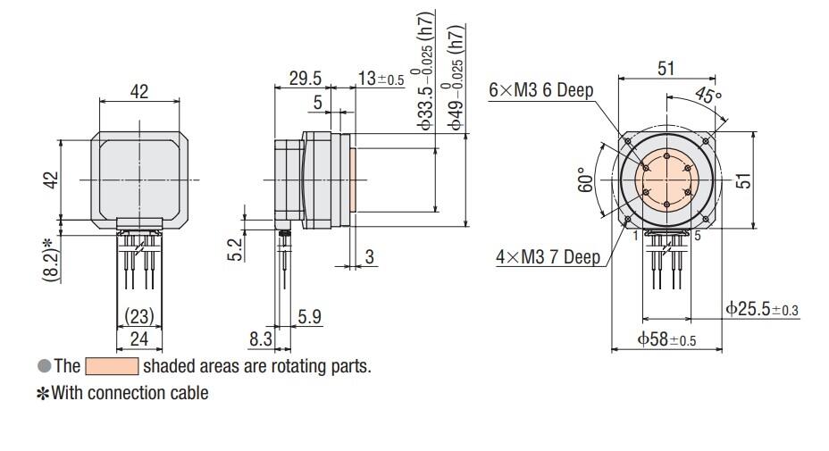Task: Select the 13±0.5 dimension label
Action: [381, 79]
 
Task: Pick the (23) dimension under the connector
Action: [138, 317]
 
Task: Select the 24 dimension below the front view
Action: [138, 339]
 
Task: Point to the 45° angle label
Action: [708, 96]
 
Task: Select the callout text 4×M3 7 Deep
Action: [548, 258]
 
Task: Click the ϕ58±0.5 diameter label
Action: [666, 340]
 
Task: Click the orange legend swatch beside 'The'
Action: [112, 367]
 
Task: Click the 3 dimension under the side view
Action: [369, 257]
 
